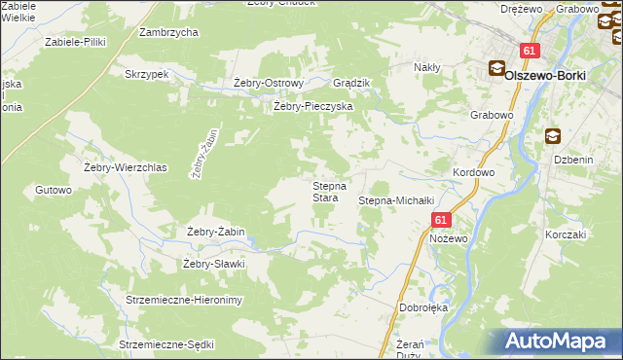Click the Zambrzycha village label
168,32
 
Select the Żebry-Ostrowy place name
270,83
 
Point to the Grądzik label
352,83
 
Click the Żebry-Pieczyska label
312,106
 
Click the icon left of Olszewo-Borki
496,69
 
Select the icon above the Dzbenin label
553,137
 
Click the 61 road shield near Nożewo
440,221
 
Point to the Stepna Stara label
324,192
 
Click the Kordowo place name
474,171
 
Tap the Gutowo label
54,190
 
